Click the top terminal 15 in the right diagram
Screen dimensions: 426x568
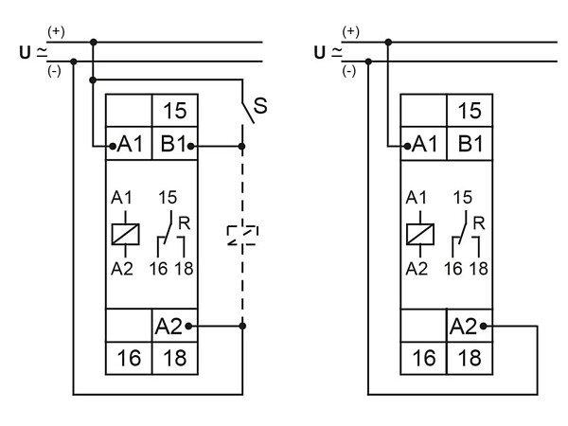469,110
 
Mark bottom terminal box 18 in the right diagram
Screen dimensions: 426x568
469,359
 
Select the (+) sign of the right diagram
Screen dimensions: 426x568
350,32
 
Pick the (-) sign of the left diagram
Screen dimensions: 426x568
54,71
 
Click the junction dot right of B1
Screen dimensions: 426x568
242,146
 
